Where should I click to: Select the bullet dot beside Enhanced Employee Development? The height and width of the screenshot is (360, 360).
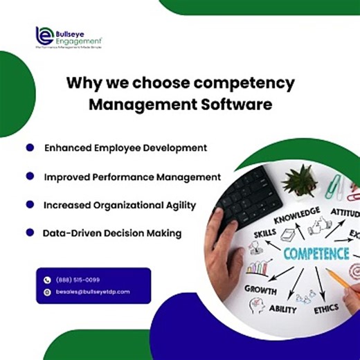tap(30, 147)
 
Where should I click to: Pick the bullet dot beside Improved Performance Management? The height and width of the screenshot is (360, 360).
tap(30, 177)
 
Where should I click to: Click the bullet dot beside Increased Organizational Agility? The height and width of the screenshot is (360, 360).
tap(30, 205)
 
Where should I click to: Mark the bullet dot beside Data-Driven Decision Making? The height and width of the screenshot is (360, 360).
tap(30, 233)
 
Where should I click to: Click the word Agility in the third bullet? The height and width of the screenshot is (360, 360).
tap(177, 206)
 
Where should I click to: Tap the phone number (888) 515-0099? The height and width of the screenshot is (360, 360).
tap(78, 280)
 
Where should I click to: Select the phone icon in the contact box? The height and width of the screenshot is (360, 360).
tap(47, 280)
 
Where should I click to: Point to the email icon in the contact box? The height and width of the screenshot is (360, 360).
tap(47, 292)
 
